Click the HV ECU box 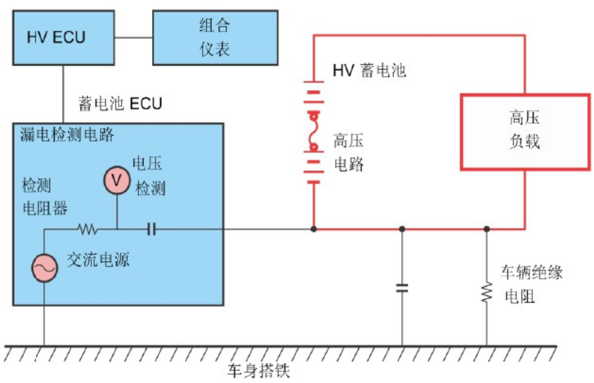click(x=64, y=37)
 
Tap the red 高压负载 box click(x=524, y=131)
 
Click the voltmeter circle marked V click(x=118, y=181)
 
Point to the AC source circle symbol click(x=44, y=268)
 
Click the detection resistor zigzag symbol click(x=88, y=229)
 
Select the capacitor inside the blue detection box click(x=151, y=229)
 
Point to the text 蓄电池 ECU click(x=120, y=104)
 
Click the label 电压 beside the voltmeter click(x=148, y=164)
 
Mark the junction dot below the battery click(x=313, y=229)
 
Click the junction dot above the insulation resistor click(x=486, y=229)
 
